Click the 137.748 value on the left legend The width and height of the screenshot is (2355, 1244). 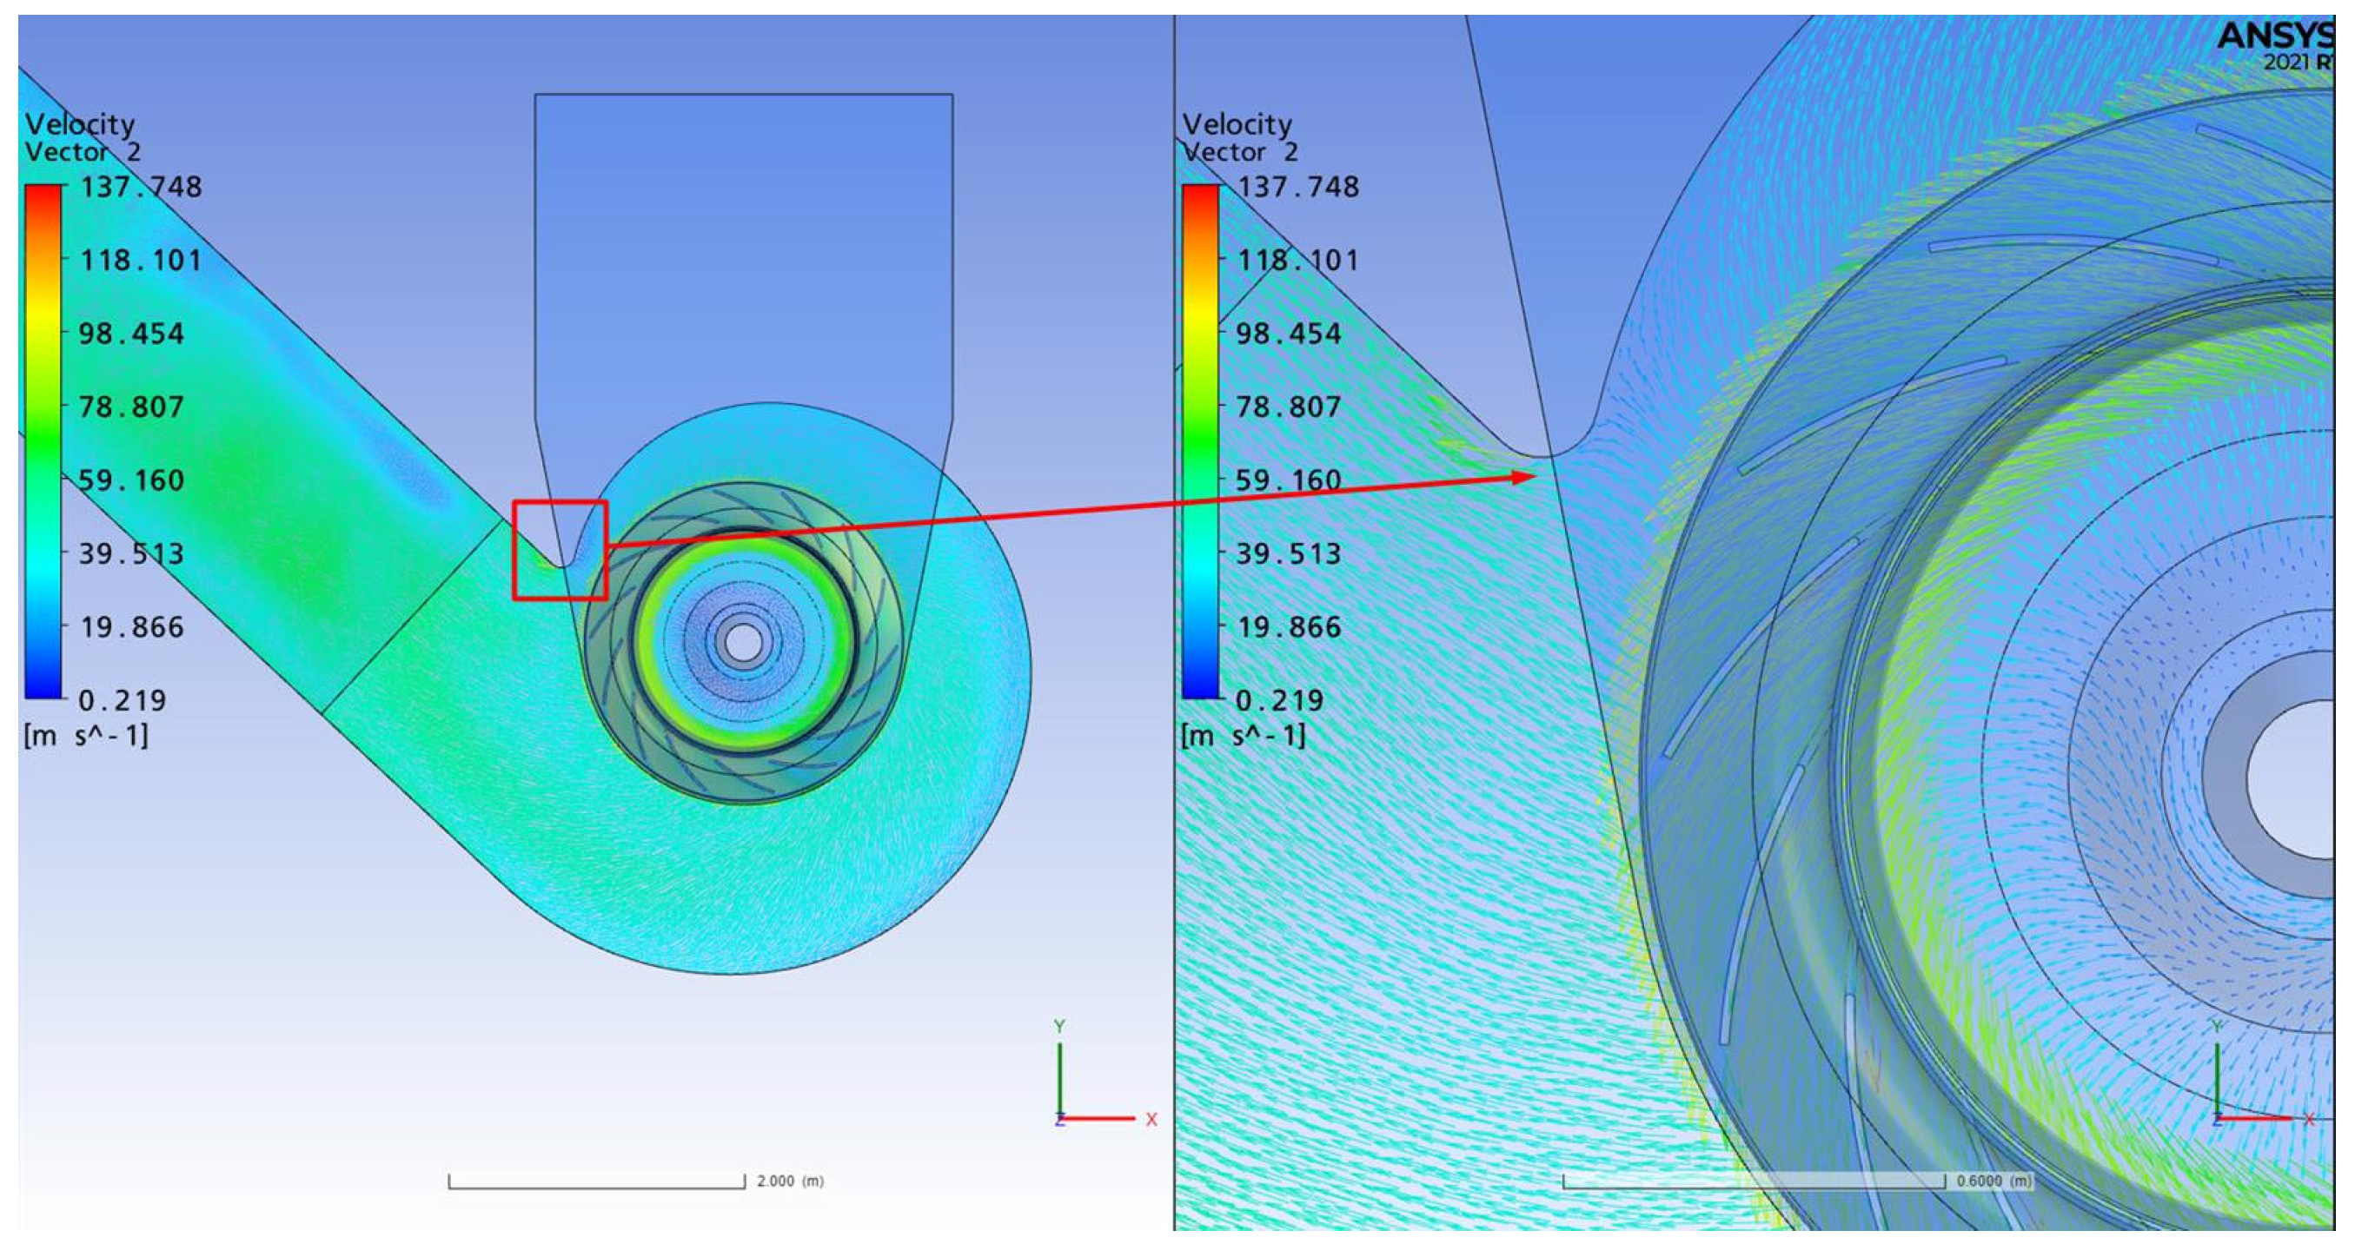click(x=141, y=187)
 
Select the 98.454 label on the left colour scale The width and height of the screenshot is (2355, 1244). click(x=131, y=333)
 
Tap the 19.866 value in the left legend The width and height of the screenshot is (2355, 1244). click(x=131, y=627)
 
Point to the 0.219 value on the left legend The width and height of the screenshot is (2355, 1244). click(x=123, y=700)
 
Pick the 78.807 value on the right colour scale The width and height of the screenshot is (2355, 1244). click(x=1289, y=406)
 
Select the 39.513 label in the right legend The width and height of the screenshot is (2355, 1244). click(x=1289, y=553)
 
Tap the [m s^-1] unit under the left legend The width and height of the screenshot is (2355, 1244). click(x=86, y=735)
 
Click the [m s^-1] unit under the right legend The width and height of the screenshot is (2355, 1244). click(x=1244, y=735)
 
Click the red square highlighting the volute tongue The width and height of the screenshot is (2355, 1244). click(x=514, y=550)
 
